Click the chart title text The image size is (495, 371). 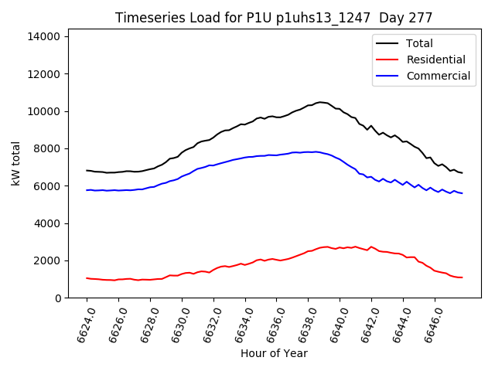274,17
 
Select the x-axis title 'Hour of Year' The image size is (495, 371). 274,353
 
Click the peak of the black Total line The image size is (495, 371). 319,102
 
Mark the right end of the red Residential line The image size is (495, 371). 462,277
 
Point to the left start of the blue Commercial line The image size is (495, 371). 87,190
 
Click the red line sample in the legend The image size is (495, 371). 387,60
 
